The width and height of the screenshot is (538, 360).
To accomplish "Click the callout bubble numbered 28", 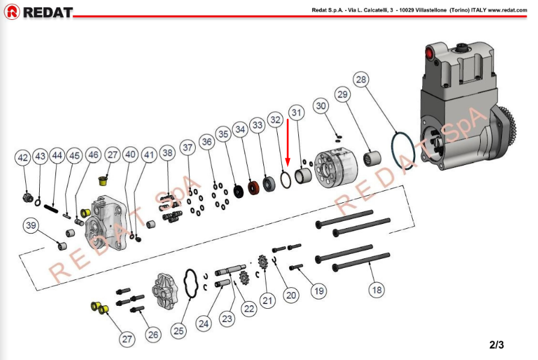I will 361,79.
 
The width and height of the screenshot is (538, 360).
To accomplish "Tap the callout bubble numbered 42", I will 23,158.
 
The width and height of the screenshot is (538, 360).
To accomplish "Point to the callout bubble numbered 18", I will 377,290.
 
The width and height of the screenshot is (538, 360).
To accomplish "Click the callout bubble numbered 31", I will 295,113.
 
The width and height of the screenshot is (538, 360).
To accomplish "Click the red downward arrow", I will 288,144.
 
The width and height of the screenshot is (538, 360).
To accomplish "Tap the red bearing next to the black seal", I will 254,187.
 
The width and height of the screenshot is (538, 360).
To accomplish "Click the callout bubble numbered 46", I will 93,155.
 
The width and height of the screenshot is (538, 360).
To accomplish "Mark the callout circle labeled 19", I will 319,291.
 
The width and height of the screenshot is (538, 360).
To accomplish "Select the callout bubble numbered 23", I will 227,319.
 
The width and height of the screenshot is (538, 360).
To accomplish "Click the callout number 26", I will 153,335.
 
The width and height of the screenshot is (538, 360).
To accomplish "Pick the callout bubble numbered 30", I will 321,106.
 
